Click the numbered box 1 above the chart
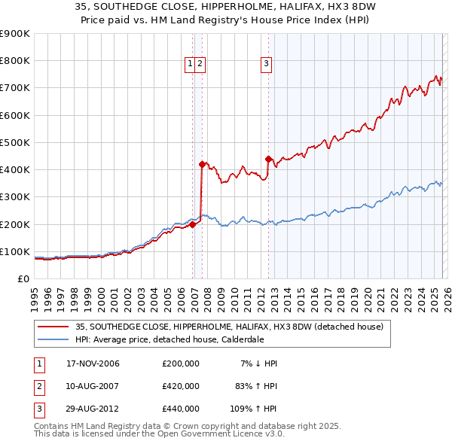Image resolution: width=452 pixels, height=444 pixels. (x=190, y=65)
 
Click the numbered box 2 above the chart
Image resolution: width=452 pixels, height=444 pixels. (x=200, y=65)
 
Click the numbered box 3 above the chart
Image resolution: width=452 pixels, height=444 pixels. (x=267, y=65)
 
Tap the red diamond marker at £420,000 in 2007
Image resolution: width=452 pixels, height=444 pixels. (x=202, y=164)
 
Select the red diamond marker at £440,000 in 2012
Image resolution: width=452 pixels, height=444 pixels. (x=269, y=159)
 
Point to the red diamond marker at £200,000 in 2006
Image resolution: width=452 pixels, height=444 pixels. (x=193, y=224)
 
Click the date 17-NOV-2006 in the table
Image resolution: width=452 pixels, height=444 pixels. (x=93, y=363)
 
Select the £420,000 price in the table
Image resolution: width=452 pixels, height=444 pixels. (x=181, y=386)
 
